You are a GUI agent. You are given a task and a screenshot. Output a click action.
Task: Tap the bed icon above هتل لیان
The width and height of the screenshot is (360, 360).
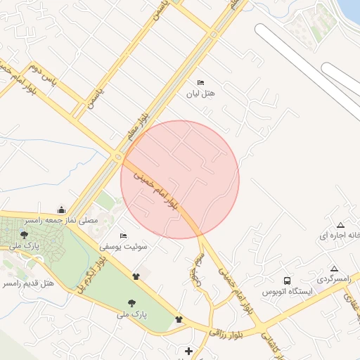(x=201, y=82)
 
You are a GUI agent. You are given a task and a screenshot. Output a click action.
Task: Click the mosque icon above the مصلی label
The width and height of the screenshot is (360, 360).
(x=61, y=210)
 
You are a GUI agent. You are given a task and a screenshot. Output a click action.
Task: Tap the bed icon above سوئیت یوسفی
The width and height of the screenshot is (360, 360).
(x=123, y=236)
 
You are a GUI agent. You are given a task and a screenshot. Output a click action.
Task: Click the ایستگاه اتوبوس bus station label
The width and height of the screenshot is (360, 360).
(x=286, y=290)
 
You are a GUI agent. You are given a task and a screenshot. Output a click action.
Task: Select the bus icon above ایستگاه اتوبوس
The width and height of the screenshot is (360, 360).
(x=286, y=280)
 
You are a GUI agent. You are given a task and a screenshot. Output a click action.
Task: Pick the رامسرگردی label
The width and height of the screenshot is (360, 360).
(x=333, y=279)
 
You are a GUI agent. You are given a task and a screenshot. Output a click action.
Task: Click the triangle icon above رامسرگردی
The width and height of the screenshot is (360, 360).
(x=334, y=269)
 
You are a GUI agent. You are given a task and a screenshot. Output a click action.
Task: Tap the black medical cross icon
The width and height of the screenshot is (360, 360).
(x=188, y=351)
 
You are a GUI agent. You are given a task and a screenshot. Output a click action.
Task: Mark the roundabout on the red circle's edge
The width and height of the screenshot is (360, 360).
(x=120, y=156)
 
